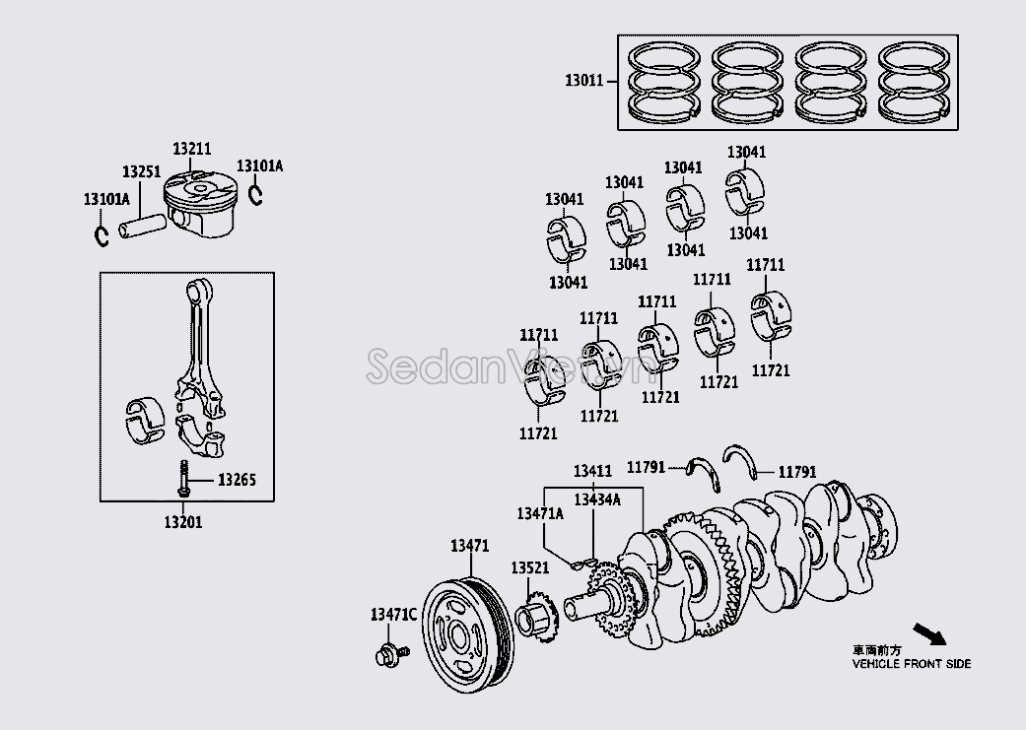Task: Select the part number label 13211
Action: click(192, 149)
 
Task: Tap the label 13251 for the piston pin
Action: click(141, 171)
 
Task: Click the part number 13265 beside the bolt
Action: click(237, 480)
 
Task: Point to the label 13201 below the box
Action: click(182, 521)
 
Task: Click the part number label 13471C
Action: click(393, 615)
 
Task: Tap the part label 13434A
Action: click(597, 499)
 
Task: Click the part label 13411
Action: click(593, 471)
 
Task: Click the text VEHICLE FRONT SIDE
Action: click(911, 663)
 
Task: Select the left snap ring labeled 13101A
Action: click(102, 236)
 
